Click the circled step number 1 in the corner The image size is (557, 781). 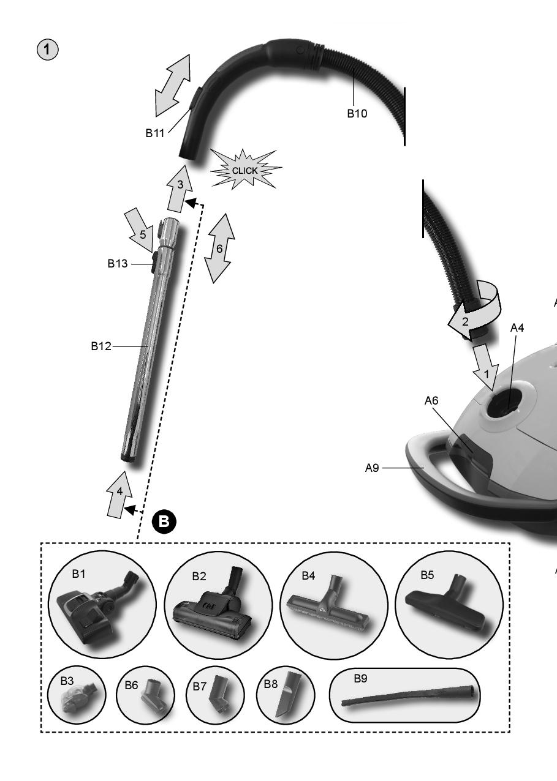pos(47,50)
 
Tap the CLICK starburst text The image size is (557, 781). pos(244,171)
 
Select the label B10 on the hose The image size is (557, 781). pos(357,113)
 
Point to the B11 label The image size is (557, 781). pos(154,133)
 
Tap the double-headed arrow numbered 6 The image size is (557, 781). pos(219,248)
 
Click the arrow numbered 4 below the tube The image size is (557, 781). pos(119,495)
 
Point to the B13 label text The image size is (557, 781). pos(118,264)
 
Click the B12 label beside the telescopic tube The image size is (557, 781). pos(101,346)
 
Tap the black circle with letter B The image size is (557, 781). pos(164,521)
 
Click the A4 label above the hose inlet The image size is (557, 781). pos(517,327)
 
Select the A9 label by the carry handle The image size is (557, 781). pos(372,468)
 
